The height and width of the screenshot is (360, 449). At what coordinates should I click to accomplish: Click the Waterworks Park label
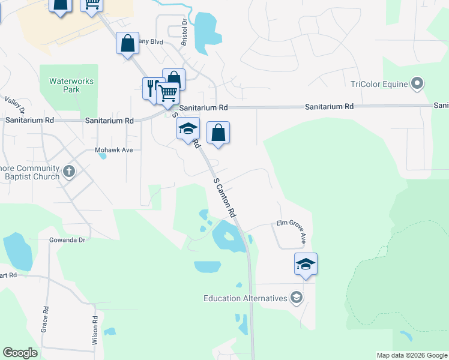64,85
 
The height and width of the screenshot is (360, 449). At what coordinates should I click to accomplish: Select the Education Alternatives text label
246,298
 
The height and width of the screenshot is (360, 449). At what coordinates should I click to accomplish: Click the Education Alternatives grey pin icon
296,298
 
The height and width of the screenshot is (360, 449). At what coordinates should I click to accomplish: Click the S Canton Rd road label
224,197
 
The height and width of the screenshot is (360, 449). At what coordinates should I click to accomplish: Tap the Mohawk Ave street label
113,150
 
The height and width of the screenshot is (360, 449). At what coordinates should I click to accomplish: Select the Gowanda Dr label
67,240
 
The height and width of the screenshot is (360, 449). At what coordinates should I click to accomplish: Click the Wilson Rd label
95,331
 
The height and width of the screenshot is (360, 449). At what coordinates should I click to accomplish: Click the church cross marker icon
69,172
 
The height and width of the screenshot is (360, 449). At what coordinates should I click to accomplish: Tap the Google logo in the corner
20,353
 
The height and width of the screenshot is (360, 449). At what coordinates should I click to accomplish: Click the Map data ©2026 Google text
412,355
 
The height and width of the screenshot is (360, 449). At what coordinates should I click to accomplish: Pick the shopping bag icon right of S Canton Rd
218,133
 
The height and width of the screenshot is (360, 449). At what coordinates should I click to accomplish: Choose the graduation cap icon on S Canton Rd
188,128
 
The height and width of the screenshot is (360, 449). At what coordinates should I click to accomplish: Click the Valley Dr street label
15,105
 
